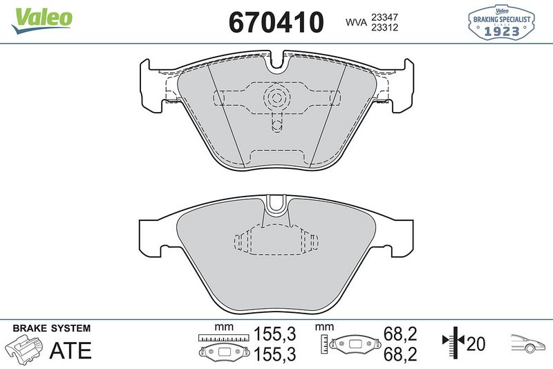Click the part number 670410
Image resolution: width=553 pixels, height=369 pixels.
276,21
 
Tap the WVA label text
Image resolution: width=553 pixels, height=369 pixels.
357,22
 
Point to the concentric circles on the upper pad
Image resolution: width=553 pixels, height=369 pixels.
276,98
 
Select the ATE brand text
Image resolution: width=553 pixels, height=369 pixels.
71,350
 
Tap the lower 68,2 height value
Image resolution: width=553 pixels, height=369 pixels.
401,354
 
